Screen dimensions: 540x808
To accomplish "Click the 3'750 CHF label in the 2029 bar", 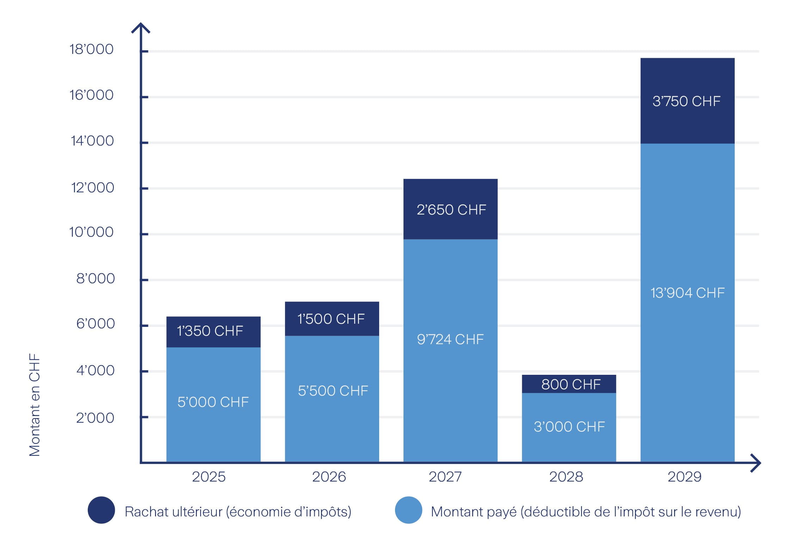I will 686,101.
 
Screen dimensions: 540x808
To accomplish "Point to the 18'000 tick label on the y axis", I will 91,49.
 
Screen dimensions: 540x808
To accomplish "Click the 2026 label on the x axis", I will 329,477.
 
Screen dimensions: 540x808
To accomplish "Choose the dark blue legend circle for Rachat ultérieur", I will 101,510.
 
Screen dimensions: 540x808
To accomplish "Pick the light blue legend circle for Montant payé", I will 408,510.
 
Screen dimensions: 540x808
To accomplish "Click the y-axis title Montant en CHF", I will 35,405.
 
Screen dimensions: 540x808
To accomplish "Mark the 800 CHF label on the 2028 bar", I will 571,384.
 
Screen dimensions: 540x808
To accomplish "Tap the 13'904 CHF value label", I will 687,293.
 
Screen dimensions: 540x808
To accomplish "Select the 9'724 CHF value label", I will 450,339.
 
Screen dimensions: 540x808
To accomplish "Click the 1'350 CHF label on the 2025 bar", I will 210,331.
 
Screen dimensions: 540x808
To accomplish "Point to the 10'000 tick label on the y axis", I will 91,232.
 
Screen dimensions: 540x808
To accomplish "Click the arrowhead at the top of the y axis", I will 141,28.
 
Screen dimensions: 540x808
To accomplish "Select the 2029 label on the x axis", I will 684,477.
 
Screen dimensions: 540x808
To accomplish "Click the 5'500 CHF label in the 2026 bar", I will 333,391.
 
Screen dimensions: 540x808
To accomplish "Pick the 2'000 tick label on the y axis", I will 95,418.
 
